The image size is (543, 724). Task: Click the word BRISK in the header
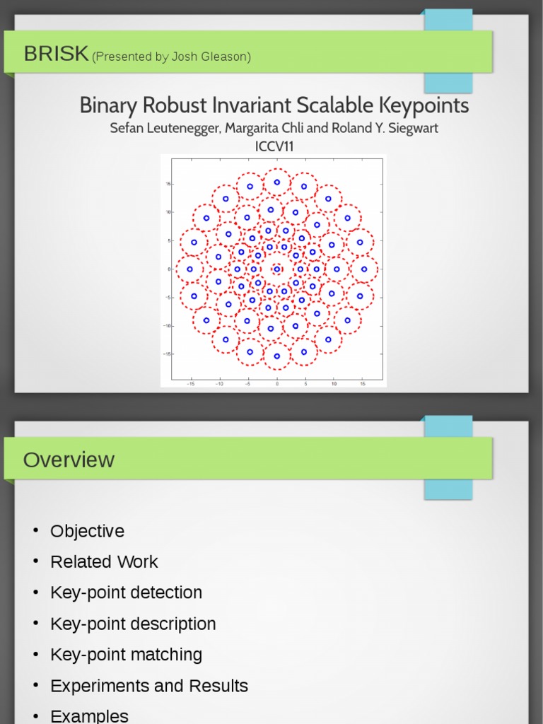pos(56,53)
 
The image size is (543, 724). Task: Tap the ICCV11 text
pos(274,146)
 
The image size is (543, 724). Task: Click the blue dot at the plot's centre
pos(276,269)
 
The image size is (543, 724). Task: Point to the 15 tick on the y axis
pos(168,184)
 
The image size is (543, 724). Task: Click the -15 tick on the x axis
pos(190,384)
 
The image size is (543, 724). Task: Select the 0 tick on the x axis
pos(276,384)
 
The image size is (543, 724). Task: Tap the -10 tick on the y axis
pos(168,326)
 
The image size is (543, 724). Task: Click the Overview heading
pos(69,460)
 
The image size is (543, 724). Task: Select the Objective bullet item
pos(87,531)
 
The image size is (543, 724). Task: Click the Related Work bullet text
pos(104,562)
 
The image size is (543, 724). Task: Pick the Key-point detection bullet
pos(126,592)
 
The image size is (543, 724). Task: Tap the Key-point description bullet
pos(133,624)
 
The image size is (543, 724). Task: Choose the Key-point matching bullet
pos(126,655)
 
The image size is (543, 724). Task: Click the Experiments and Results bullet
pos(149,686)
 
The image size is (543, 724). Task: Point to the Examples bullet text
pos(89,716)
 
